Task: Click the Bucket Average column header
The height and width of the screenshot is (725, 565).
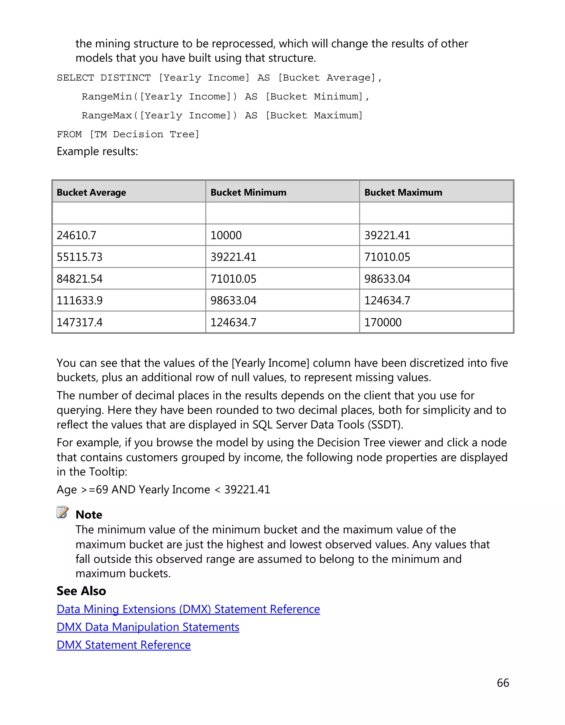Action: (91, 193)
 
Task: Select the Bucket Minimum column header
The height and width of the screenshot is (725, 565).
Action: (248, 193)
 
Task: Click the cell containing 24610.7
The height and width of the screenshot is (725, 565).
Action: (77, 235)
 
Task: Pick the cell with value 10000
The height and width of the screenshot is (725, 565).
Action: (226, 235)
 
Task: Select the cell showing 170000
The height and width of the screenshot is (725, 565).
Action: (383, 322)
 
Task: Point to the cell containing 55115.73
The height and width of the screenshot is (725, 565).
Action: (79, 257)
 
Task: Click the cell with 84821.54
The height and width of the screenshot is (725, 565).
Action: (79, 279)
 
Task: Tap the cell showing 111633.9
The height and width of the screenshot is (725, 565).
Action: (79, 301)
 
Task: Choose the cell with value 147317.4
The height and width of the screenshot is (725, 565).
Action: (79, 322)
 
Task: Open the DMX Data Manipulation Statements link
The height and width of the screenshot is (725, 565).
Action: (148, 627)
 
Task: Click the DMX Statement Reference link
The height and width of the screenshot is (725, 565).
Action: (124, 645)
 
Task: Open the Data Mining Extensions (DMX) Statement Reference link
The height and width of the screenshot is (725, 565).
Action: (188, 609)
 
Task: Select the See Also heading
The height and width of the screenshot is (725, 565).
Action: (81, 591)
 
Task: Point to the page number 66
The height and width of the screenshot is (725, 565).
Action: (503, 683)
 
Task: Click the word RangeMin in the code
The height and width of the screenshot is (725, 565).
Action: (107, 97)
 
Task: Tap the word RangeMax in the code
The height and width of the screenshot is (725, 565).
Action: (107, 115)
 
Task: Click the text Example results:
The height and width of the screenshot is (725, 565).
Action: (97, 151)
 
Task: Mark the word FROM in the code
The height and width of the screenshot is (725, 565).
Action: (69, 135)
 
